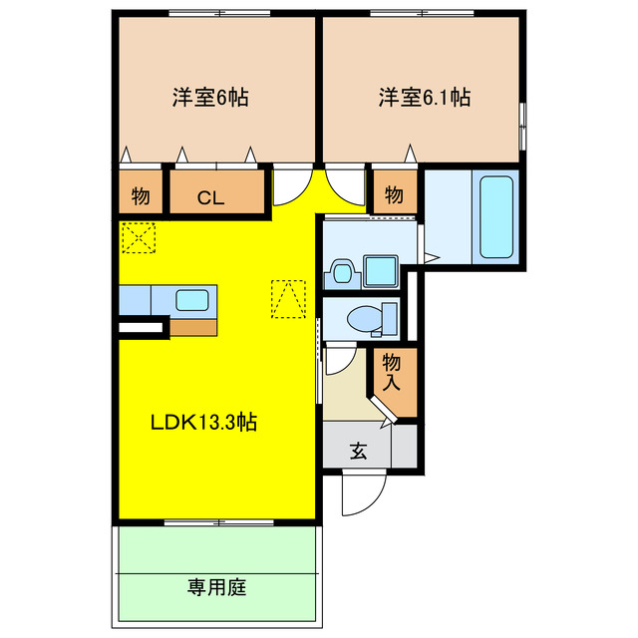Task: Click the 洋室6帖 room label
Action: coord(209,98)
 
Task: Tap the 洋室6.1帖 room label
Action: coord(424,98)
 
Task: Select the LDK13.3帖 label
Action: coord(204,422)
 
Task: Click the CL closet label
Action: coord(210,196)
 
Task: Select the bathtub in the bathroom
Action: coord(495,216)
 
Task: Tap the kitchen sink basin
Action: coord(194,298)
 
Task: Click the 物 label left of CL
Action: coord(140,196)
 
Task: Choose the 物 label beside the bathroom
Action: coord(394,194)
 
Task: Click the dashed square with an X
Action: coord(137,238)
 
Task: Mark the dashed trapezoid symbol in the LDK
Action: coord(288,298)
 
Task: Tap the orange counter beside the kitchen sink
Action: coord(192,326)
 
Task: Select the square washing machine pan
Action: coord(380,271)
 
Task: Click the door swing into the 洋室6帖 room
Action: coord(290,183)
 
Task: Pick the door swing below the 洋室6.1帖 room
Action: coord(345,183)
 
